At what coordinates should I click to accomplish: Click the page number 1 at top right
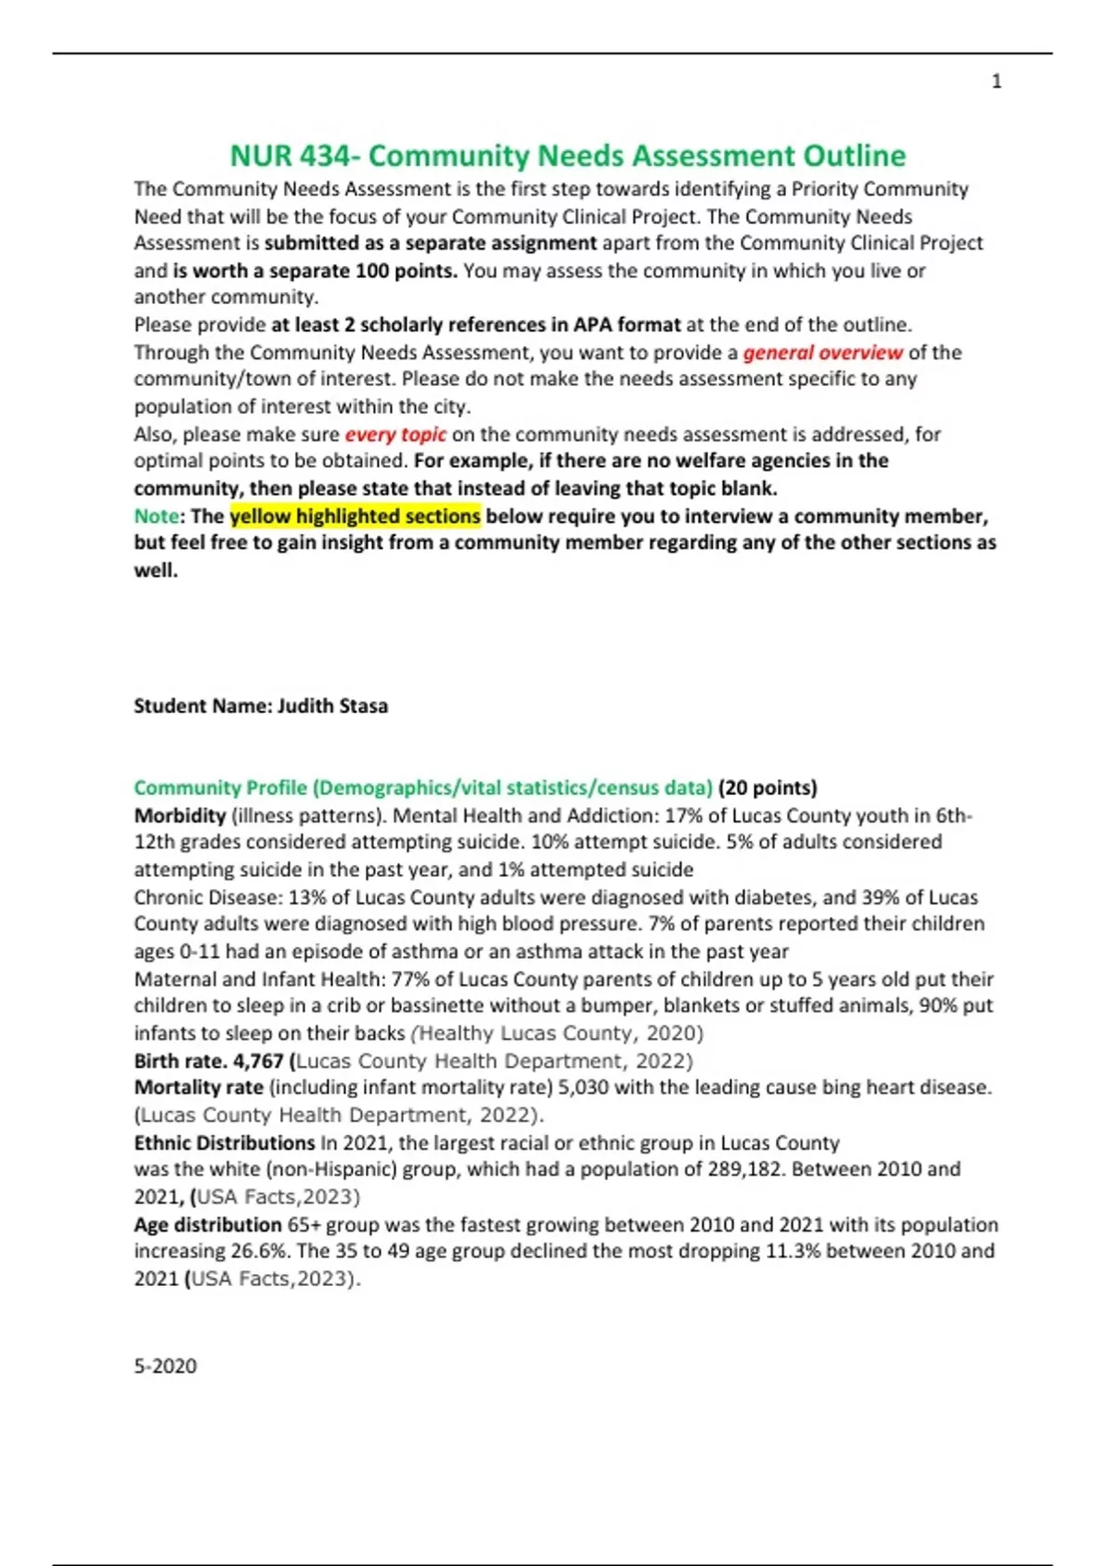click(x=996, y=82)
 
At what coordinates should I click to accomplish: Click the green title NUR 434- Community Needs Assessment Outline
click(x=568, y=156)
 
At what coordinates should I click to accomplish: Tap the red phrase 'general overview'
click(x=823, y=352)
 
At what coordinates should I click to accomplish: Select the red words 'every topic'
click(x=395, y=434)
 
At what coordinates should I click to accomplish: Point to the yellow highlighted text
click(x=355, y=516)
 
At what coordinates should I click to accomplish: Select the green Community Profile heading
click(x=423, y=788)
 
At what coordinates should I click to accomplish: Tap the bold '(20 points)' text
click(x=768, y=788)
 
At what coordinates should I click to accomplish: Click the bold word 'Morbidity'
click(x=180, y=815)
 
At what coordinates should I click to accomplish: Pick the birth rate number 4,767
click(x=259, y=1061)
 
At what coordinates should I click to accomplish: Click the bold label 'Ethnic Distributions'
click(x=224, y=1143)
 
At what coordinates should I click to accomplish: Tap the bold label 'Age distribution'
click(x=207, y=1225)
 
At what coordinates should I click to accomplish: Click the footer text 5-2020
click(x=165, y=1366)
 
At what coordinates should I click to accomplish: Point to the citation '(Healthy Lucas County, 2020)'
click(x=558, y=1034)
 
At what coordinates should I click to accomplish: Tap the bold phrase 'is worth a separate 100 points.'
click(x=315, y=271)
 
